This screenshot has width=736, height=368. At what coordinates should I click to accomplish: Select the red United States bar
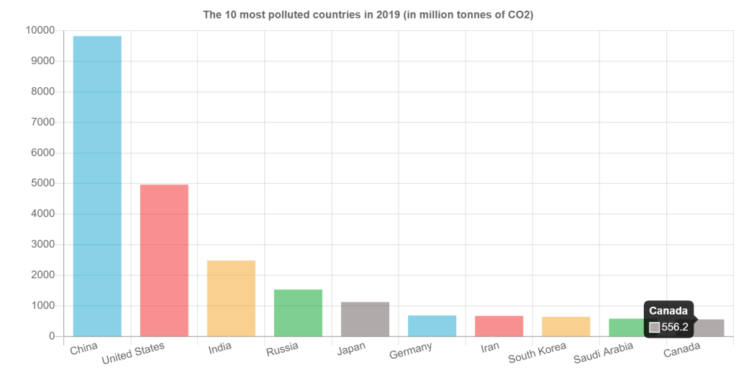164,260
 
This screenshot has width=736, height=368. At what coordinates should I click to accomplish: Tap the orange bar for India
231,297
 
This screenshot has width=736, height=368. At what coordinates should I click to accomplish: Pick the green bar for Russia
298,313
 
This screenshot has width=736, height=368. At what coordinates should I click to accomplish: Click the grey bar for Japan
365,318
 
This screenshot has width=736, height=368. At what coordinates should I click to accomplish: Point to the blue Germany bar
432,326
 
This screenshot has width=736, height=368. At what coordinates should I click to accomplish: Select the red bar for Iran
499,326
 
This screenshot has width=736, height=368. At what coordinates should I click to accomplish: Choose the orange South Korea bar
565,326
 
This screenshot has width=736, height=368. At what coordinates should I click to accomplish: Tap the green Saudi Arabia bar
624,327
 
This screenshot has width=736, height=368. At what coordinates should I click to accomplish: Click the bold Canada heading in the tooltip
668,311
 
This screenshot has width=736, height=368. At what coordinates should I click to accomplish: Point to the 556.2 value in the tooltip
675,327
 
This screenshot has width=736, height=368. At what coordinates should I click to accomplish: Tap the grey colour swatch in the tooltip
654,327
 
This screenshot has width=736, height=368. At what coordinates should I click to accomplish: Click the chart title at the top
368,14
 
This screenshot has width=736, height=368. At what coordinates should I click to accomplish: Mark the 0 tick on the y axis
51,336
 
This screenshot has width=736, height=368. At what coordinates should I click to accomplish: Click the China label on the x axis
84,349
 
